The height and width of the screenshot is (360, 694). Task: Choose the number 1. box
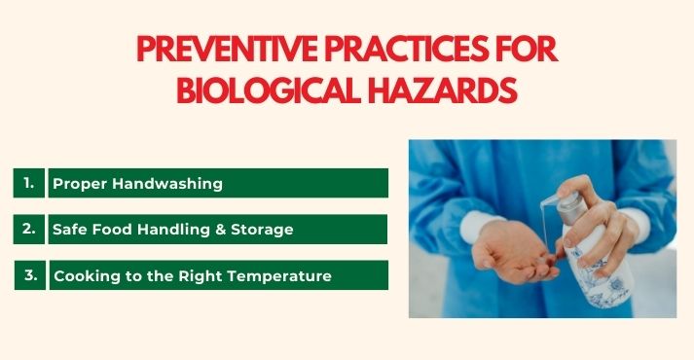coord(29,183)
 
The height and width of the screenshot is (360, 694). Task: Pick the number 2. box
coord(29,230)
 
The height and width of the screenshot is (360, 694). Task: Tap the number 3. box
coord(29,275)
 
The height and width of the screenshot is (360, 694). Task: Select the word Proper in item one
coord(77,184)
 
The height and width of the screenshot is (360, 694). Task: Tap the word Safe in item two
coord(70,231)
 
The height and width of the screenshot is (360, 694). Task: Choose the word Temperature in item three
coord(282,276)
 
